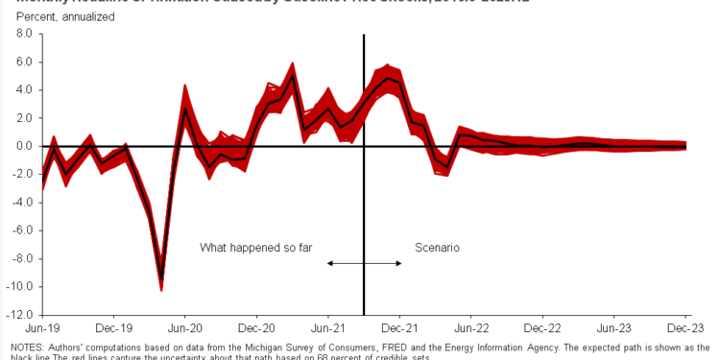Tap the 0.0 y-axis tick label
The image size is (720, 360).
[x=24, y=146]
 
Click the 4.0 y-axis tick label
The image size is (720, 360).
[x=24, y=90]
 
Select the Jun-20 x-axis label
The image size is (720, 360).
[x=184, y=327]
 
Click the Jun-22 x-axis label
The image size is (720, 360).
[x=471, y=327]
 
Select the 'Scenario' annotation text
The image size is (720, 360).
[x=437, y=248]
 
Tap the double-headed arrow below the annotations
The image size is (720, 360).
[x=365, y=262]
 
